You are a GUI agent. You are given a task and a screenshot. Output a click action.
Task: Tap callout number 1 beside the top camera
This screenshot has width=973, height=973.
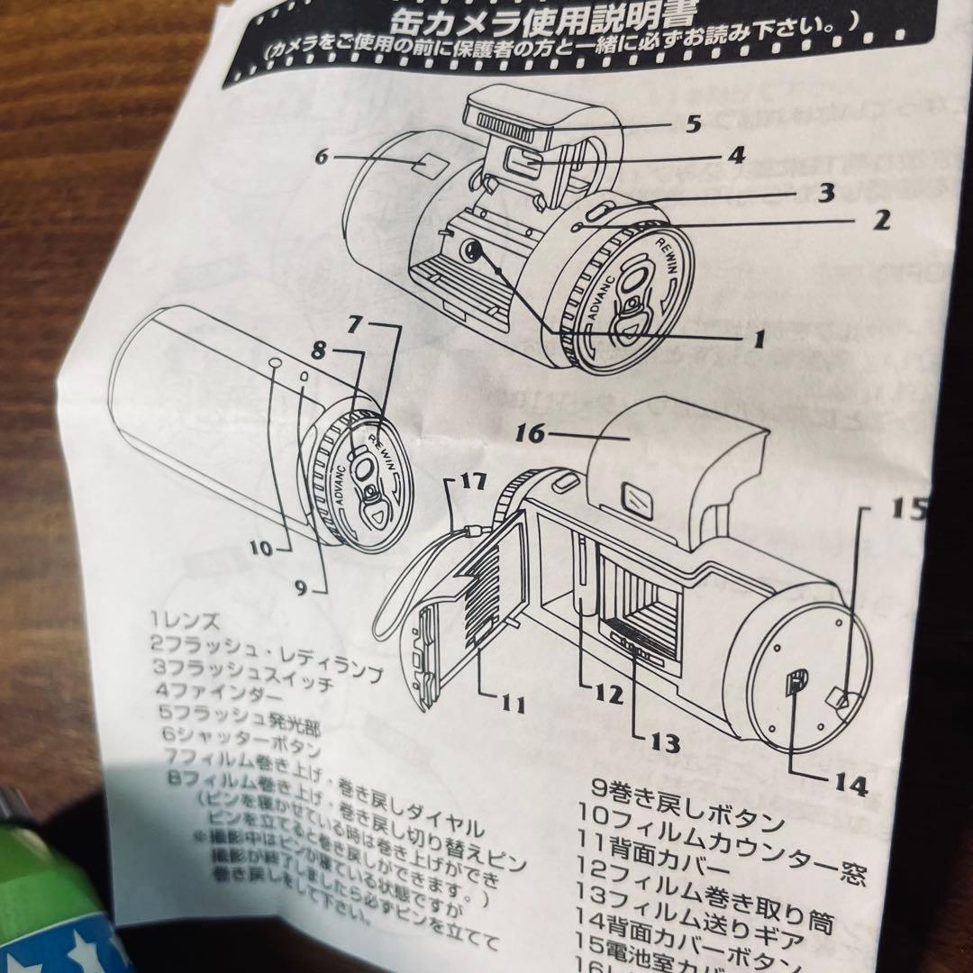758,340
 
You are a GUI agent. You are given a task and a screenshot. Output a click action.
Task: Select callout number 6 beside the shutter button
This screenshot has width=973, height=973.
321,156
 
